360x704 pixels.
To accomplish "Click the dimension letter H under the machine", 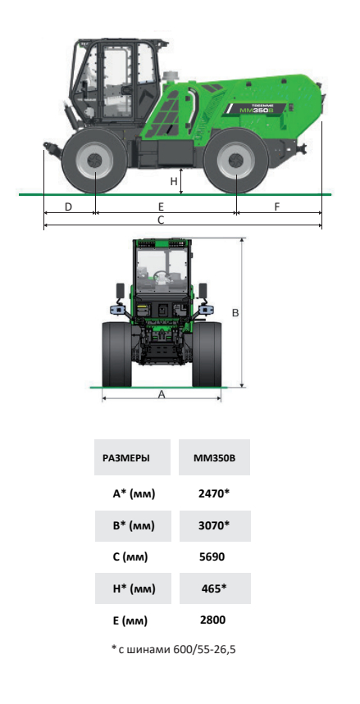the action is (x=174, y=181).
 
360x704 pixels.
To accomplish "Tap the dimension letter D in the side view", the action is (x=68, y=207).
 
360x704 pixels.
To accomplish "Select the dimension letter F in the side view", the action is (x=277, y=207).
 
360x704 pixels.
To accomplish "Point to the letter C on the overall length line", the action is (x=161, y=220).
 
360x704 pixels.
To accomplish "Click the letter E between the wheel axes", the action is (x=161, y=207).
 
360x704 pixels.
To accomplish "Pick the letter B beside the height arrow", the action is (x=235, y=313).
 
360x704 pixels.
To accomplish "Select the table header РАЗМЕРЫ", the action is (x=126, y=458).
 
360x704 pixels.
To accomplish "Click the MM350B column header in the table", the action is (x=214, y=458).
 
